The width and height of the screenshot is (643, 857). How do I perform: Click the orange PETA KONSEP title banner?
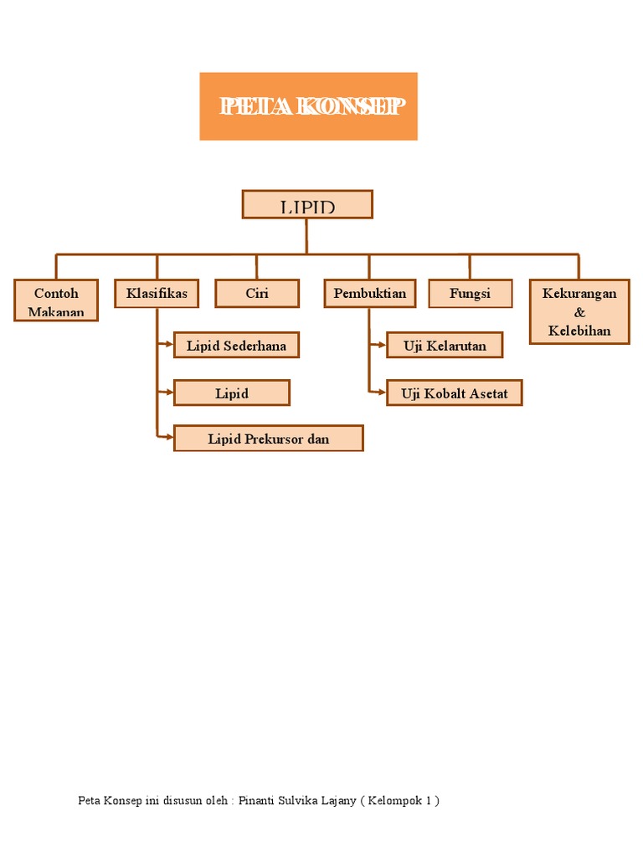click(x=308, y=106)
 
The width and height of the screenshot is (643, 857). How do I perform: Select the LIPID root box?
click(x=307, y=204)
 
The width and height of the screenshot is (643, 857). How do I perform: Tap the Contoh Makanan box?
click(x=56, y=302)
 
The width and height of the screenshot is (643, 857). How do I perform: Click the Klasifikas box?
click(x=157, y=294)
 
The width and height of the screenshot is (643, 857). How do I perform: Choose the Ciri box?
click(x=257, y=294)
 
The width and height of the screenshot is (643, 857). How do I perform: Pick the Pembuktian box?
click(x=369, y=294)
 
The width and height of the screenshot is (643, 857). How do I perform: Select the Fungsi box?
click(x=470, y=294)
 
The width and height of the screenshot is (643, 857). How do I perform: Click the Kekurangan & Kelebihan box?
click(x=579, y=312)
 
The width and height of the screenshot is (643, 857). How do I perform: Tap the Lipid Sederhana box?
click(x=236, y=346)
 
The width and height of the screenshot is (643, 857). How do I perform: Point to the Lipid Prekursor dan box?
click(x=269, y=439)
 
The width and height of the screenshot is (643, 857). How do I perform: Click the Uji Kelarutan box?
click(x=445, y=346)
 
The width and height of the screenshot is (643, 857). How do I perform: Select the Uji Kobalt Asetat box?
click(x=455, y=393)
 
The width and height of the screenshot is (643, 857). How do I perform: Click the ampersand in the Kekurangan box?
click(x=579, y=312)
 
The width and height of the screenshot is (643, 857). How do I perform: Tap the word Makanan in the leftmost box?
click(x=56, y=312)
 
